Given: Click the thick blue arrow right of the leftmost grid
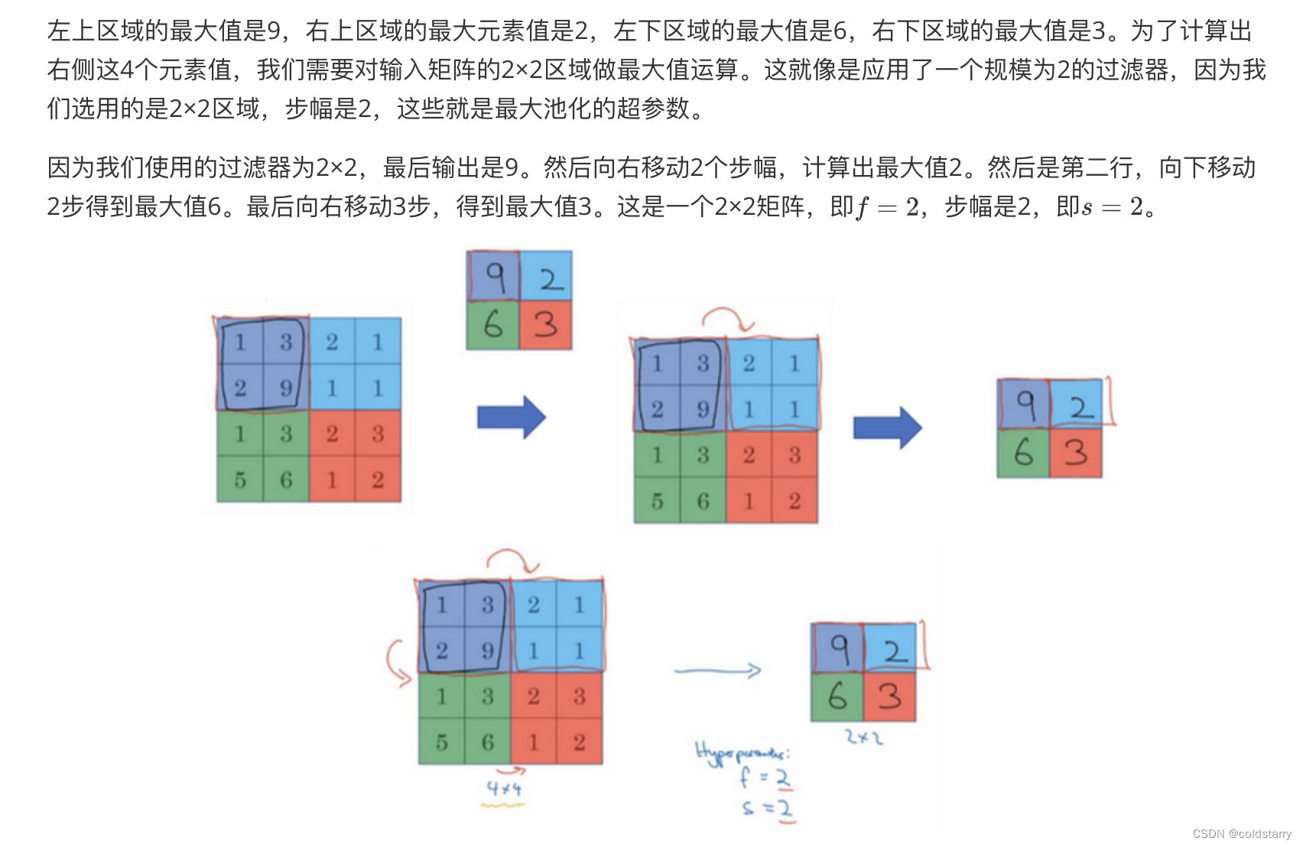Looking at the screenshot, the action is pyautogui.click(x=511, y=417).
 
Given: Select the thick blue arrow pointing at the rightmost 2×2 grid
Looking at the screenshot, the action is pyautogui.click(x=887, y=427).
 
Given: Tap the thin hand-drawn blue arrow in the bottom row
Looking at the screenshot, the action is pyautogui.click(x=717, y=670).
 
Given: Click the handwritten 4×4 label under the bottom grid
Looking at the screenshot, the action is pyautogui.click(x=505, y=788).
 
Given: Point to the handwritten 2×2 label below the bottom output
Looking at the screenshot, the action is pyautogui.click(x=864, y=738).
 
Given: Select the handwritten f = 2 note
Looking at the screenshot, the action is pyautogui.click(x=765, y=778).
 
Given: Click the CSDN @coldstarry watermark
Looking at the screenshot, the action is pyautogui.click(x=1241, y=833).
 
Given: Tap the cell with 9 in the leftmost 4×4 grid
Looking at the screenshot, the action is pyautogui.click(x=286, y=388).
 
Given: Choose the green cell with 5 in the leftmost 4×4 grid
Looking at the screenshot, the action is pyautogui.click(x=240, y=479).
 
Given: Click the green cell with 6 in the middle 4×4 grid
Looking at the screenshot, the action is pyautogui.click(x=703, y=501).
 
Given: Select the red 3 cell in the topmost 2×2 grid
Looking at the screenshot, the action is pyautogui.click(x=545, y=324).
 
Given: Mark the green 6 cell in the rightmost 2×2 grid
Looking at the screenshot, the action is pyautogui.click(x=1023, y=453).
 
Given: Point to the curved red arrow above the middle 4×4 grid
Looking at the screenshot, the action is pyautogui.click(x=728, y=317).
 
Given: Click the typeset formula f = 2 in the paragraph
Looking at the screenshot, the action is pyautogui.click(x=888, y=206).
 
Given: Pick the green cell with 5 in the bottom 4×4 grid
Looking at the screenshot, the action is pyautogui.click(x=442, y=742).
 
